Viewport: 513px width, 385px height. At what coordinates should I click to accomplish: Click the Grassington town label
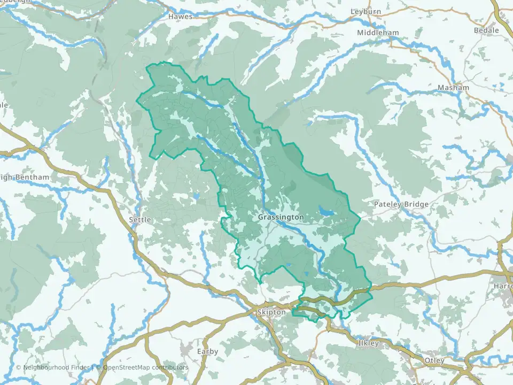(x=281, y=218)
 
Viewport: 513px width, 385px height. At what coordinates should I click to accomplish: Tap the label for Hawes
(x=180, y=17)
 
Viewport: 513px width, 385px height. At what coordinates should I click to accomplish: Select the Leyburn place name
(x=366, y=11)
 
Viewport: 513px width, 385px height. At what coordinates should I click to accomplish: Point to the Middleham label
(x=378, y=33)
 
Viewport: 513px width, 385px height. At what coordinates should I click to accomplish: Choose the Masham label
(x=453, y=88)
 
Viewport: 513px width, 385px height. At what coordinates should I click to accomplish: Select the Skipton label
(x=272, y=312)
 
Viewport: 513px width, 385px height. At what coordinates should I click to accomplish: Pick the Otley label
(x=433, y=361)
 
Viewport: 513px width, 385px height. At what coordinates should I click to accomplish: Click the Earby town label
(x=207, y=351)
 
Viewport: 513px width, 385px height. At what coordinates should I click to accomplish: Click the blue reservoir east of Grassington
(x=326, y=212)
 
